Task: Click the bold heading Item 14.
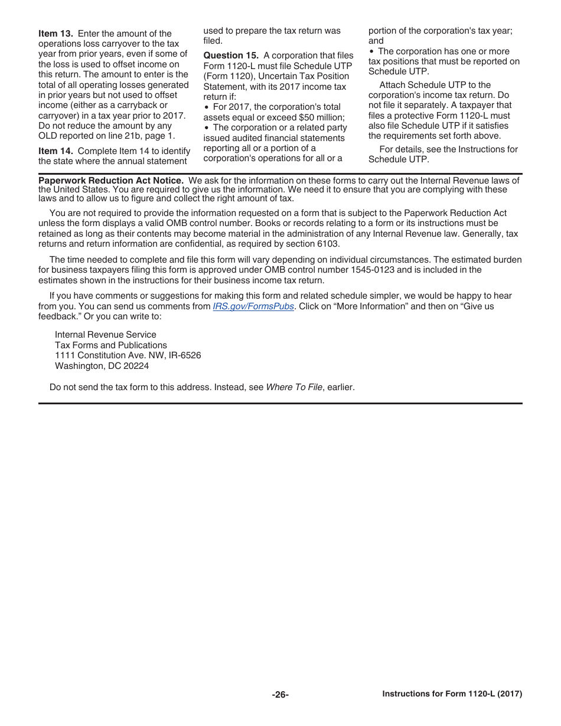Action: point(56,151)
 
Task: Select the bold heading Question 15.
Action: point(231,55)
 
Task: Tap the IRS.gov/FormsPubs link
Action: point(253,306)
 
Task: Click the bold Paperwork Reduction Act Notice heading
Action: point(111,180)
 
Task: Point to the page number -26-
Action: point(280,695)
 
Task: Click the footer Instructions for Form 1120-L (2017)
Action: point(452,694)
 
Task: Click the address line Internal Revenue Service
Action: point(105,335)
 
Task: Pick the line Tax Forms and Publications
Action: point(110,345)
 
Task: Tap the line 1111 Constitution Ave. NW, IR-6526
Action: point(128,355)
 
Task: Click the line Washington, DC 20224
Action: point(102,366)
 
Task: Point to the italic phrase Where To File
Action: point(294,387)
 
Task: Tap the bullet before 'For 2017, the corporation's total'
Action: point(206,107)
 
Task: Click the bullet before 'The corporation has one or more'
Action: point(371,51)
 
